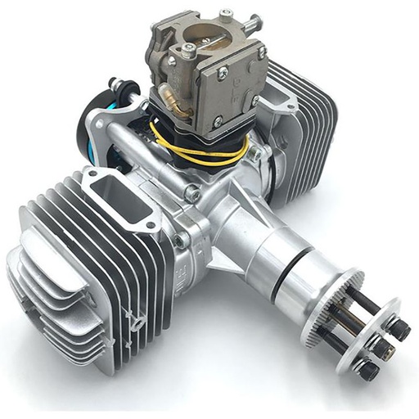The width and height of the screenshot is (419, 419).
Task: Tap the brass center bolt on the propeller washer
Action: point(381,347)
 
